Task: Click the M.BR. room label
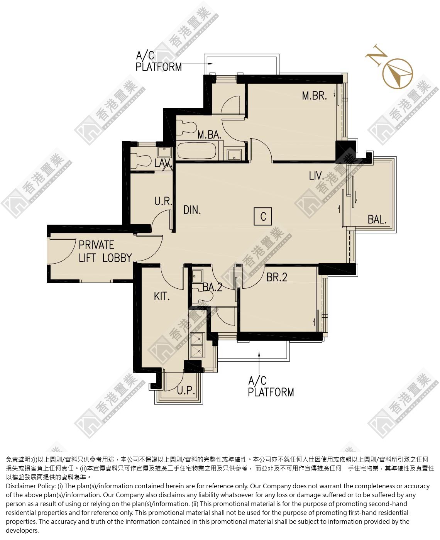[314, 96]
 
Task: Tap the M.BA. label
[209, 135]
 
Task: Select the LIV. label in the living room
[316, 176]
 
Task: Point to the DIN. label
[192, 210]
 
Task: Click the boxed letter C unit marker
[263, 216]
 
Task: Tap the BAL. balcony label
[377, 219]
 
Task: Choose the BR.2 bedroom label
[277, 278]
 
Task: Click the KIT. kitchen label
[162, 296]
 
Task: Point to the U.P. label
[186, 390]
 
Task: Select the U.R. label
[163, 201]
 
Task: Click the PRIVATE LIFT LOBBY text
[105, 252]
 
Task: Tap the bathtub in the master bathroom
[197, 151]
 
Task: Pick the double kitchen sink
[197, 345]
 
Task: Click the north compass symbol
[398, 73]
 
